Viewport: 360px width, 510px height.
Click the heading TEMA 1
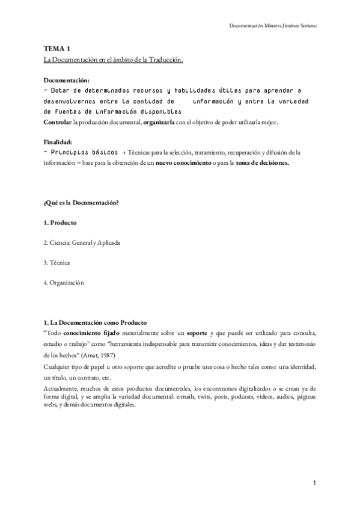[57, 50]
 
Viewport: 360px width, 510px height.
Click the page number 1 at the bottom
[314, 483]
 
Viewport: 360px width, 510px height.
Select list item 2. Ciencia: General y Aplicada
[82, 242]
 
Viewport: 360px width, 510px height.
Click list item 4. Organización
[64, 283]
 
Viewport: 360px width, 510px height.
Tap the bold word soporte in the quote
[197, 333]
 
